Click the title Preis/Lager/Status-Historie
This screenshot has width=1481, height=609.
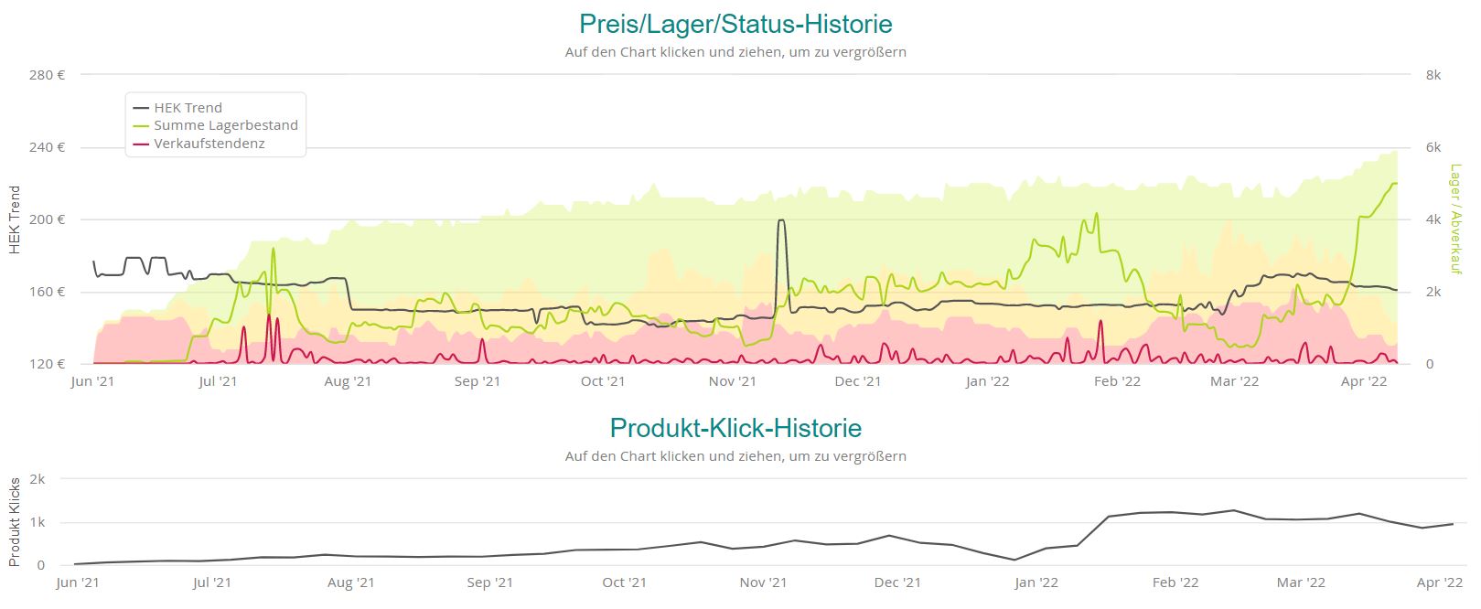tap(735, 24)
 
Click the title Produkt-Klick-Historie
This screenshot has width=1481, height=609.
tap(735, 428)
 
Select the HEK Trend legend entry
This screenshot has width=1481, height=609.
tap(188, 108)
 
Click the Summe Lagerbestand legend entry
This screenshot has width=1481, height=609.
tap(225, 125)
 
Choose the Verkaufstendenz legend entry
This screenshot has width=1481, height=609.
tap(209, 144)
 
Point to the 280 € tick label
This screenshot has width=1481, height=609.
tap(47, 75)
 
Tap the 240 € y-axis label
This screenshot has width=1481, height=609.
tap(47, 147)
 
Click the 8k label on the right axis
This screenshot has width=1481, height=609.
tap(1433, 75)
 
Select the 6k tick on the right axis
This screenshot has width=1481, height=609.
tap(1433, 147)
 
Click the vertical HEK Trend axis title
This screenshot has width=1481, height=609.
tap(15, 219)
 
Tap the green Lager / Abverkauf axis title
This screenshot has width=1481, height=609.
tap(1455, 219)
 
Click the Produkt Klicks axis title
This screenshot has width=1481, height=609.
tap(15, 522)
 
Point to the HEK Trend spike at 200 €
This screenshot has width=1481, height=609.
tap(780, 220)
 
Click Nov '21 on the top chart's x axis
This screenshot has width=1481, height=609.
tap(733, 381)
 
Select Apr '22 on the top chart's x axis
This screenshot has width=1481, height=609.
tap(1364, 381)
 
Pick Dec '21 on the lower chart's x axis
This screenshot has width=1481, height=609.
tap(897, 582)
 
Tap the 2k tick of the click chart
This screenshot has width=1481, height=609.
tap(38, 479)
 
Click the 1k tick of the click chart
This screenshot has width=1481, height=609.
tap(38, 522)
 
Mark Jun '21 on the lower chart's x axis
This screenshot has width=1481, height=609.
tap(79, 582)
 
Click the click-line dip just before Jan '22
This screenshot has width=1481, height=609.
tap(1014, 560)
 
